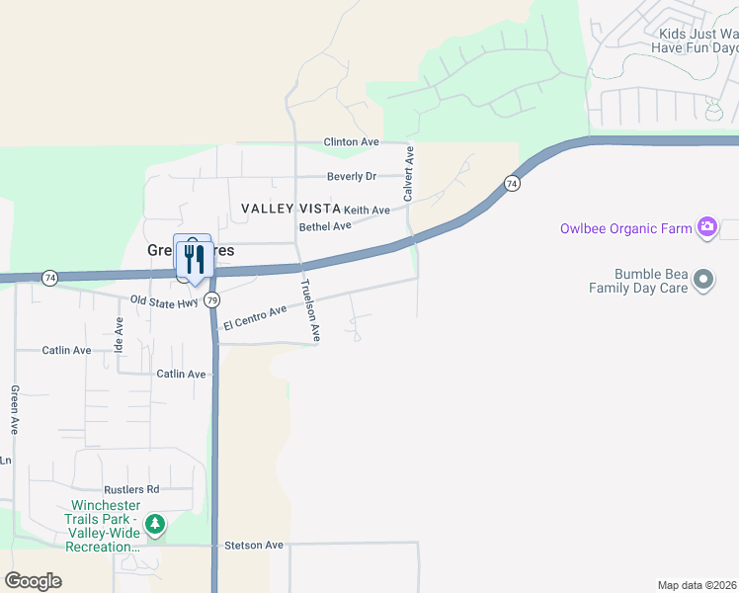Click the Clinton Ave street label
(x=352, y=142)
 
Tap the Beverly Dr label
(x=352, y=177)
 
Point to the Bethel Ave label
(x=325, y=226)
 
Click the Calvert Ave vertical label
(x=408, y=170)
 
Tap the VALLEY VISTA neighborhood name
(x=291, y=209)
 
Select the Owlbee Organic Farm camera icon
(x=707, y=228)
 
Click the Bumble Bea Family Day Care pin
(x=703, y=281)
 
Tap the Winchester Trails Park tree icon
(x=154, y=524)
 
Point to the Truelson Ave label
(x=310, y=310)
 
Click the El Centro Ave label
(x=255, y=317)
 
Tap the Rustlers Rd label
(x=131, y=489)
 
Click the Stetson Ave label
(x=254, y=545)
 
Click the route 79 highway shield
(x=213, y=299)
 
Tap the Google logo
(x=33, y=581)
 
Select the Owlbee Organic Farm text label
(x=626, y=228)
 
